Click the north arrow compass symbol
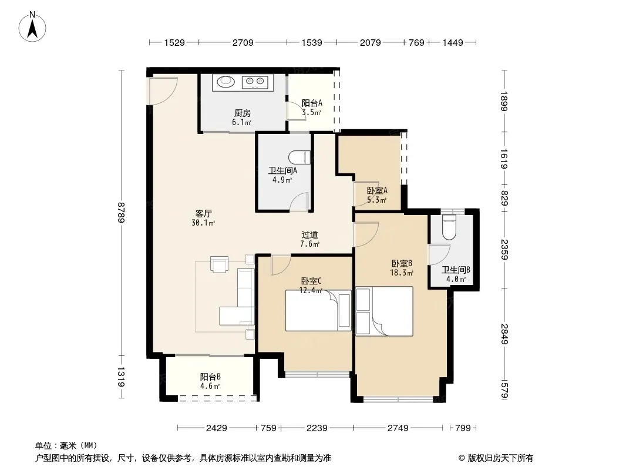[32, 27]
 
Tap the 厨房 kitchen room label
[243, 113]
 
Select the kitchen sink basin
[226, 82]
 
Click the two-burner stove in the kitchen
[255, 82]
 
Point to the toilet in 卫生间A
[299, 157]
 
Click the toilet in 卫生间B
[449, 227]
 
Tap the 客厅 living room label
[203, 214]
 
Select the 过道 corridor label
[310, 235]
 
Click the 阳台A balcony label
[312, 103]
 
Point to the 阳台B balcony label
[210, 377]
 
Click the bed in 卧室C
[318, 310]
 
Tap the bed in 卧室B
[384, 311]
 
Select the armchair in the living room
[220, 264]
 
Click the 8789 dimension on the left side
[122, 213]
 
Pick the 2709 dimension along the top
[243, 42]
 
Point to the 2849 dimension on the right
[504, 334]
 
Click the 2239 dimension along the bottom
[317, 428]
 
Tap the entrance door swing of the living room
[162, 90]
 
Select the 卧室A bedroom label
[377, 191]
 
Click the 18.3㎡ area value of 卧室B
[402, 273]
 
